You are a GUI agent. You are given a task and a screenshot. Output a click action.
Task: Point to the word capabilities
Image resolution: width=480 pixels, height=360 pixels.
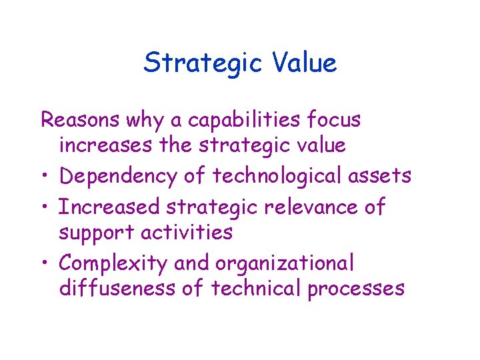click(244, 120)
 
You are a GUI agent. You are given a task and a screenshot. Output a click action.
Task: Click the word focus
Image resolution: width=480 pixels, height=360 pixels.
click(333, 120)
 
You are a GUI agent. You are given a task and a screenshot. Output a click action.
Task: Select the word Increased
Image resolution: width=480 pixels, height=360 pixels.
click(109, 207)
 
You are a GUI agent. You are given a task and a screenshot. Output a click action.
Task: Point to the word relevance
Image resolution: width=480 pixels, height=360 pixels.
click(304, 207)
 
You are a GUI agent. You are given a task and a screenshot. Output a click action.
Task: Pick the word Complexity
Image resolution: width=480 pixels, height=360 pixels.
click(113, 264)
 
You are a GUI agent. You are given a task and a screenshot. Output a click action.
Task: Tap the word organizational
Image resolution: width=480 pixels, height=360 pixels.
click(285, 263)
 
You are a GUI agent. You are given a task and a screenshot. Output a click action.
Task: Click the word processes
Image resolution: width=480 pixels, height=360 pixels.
click(355, 289)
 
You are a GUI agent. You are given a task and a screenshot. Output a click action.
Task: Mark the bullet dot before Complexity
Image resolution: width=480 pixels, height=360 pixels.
click(45, 265)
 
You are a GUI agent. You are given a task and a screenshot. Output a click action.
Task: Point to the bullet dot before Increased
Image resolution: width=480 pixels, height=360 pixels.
click(45, 207)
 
